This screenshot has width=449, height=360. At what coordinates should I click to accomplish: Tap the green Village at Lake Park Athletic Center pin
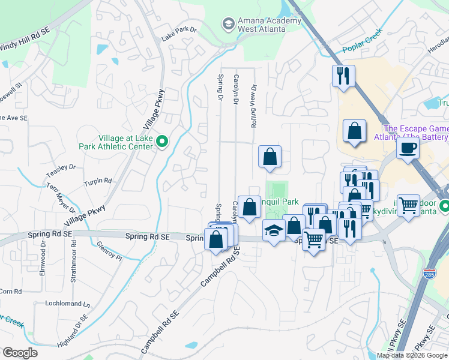coord(161,142)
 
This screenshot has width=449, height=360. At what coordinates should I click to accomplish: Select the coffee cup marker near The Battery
coord(408,148)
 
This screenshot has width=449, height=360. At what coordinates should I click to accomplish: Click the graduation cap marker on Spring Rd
coord(274,230)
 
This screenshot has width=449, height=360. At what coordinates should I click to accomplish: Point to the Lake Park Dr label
coord(179,34)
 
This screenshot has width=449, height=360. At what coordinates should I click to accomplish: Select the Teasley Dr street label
coord(61,170)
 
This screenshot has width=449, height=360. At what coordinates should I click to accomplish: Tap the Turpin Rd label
coord(98,181)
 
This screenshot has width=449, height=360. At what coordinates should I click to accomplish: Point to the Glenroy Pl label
coord(110,251)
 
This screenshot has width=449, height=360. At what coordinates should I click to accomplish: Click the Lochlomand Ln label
coord(67,304)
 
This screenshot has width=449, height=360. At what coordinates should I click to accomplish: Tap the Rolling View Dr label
coord(254,106)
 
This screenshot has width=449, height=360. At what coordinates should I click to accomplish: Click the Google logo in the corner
coord(20,353)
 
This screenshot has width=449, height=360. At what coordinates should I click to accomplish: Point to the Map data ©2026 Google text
coord(412,355)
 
